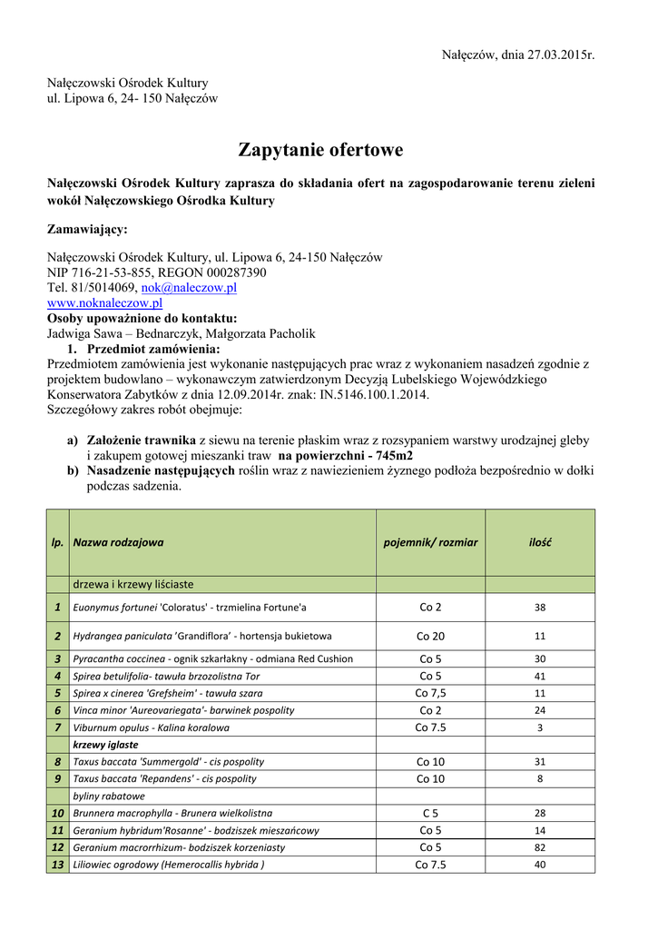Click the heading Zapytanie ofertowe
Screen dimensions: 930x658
320,149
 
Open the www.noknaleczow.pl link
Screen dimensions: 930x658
104,302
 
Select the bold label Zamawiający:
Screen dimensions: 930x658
87,229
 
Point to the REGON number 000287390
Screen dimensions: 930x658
236,272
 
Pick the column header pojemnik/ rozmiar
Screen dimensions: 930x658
430,542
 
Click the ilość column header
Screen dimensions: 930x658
540,542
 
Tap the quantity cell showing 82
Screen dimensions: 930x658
540,847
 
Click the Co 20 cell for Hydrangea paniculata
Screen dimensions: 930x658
430,636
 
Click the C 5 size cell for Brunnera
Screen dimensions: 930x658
430,813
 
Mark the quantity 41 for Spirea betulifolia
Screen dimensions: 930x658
540,676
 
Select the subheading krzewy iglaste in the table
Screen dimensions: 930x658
105,745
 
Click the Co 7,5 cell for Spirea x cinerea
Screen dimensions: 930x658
430,693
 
